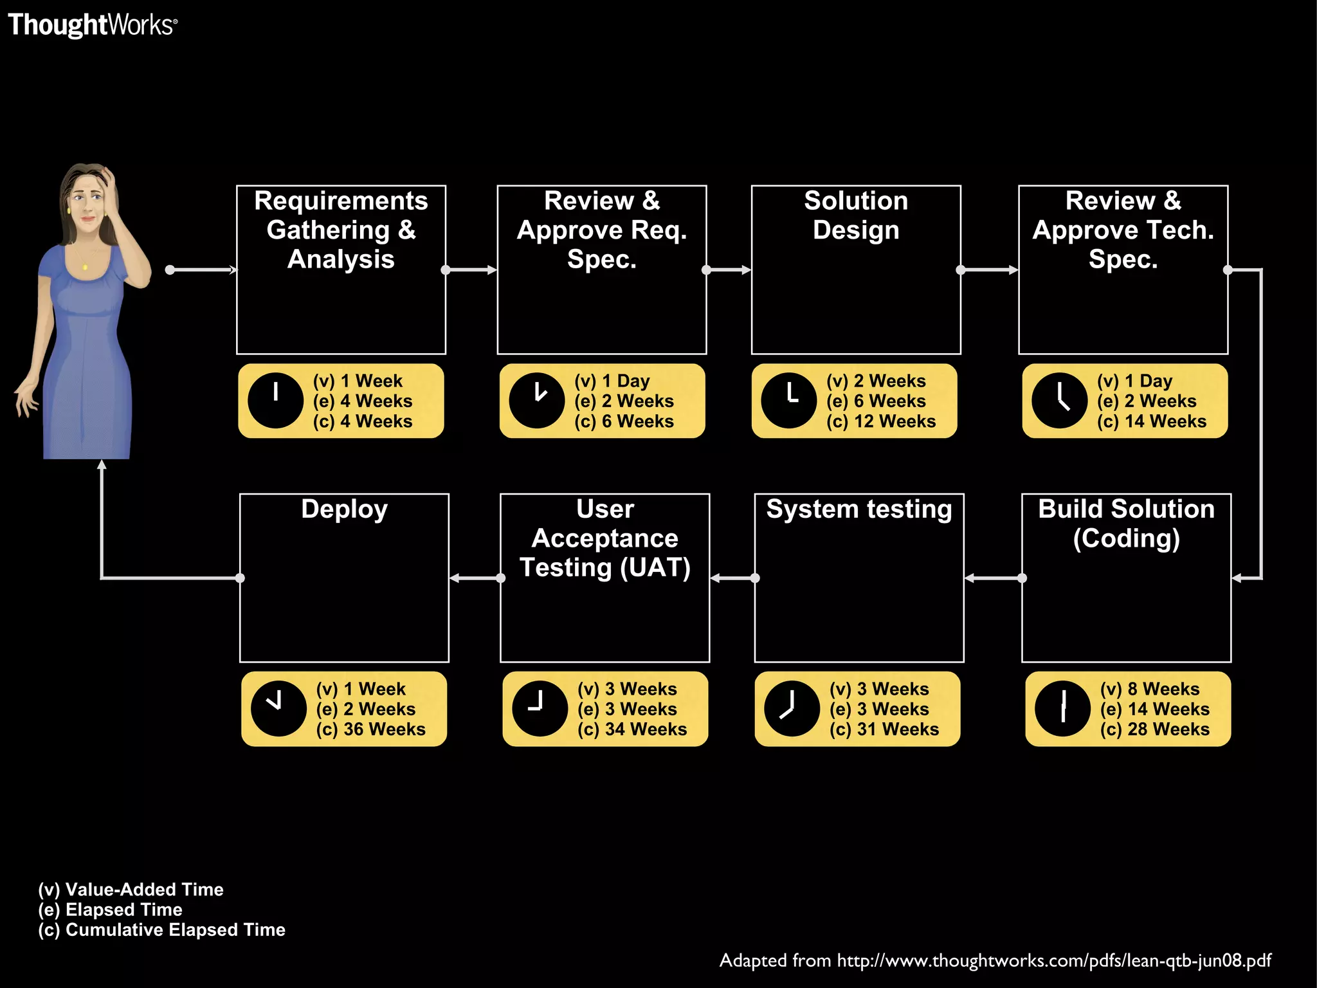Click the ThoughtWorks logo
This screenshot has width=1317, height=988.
click(92, 25)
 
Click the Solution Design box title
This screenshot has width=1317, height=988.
click(856, 215)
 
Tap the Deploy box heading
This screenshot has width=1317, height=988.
click(344, 509)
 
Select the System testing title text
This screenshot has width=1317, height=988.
click(858, 509)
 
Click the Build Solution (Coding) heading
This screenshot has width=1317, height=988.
click(1126, 523)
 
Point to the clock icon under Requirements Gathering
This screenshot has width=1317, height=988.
click(275, 401)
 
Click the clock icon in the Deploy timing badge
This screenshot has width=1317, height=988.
click(278, 709)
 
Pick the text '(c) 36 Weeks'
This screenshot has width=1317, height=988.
click(370, 729)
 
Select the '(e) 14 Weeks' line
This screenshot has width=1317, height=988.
click(1154, 709)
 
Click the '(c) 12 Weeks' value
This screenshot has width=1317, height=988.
click(880, 421)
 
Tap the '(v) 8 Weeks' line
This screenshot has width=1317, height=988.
click(1149, 689)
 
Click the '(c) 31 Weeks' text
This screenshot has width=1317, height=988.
click(884, 729)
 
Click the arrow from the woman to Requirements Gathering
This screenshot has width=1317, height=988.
click(203, 270)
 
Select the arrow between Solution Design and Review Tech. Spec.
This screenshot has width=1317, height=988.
click(989, 270)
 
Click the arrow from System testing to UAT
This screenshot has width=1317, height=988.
click(733, 578)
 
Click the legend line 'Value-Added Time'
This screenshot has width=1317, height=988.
click(131, 890)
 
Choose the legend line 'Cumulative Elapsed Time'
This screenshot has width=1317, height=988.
click(161, 929)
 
